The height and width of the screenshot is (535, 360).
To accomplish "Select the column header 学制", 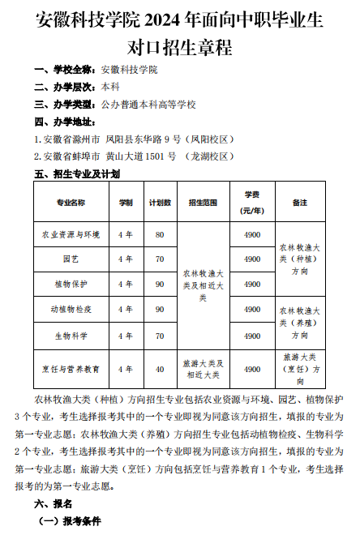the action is click(126, 202).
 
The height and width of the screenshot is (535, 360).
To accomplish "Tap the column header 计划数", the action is click(160, 202).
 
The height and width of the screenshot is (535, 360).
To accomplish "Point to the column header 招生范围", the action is click(204, 202).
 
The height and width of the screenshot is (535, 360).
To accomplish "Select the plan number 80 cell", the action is click(160, 234).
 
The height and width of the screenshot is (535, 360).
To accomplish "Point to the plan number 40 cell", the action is click(160, 369).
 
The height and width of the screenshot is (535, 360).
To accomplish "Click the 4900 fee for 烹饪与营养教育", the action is click(252, 369).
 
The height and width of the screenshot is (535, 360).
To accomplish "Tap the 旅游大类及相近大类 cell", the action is click(204, 369).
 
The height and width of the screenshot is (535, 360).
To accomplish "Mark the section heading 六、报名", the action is click(53, 503).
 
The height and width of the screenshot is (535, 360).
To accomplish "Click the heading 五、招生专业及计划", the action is click(77, 173).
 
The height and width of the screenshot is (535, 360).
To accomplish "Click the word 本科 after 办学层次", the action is click(110, 87).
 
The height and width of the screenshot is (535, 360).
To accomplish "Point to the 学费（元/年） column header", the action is click(252, 202).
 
